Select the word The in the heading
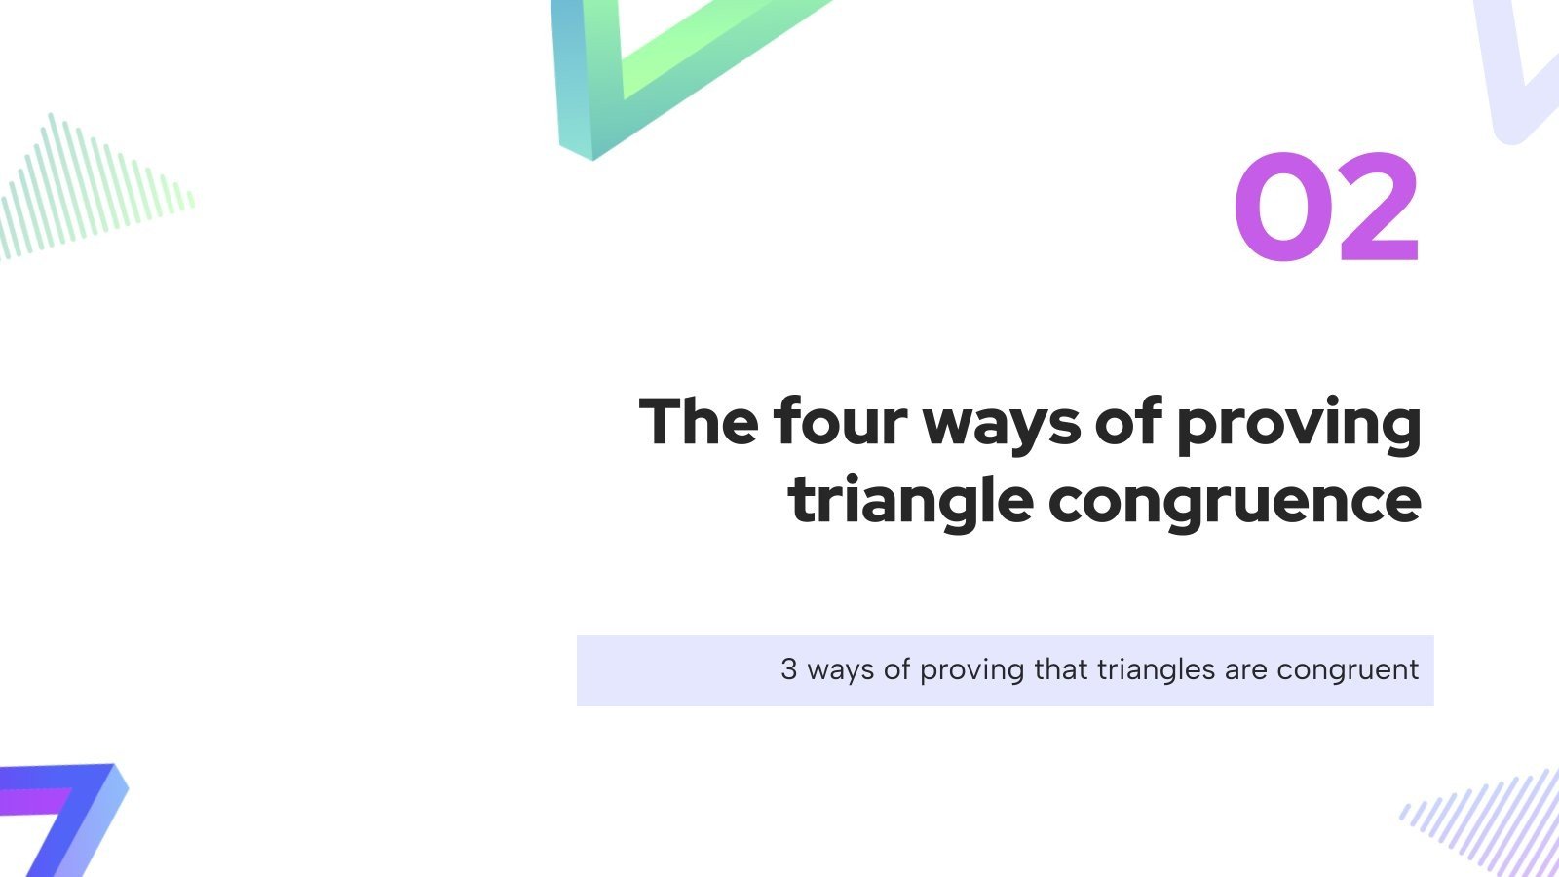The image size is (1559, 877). [x=699, y=422]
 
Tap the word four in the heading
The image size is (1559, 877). [x=840, y=422]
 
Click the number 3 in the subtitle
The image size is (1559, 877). [x=789, y=670]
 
